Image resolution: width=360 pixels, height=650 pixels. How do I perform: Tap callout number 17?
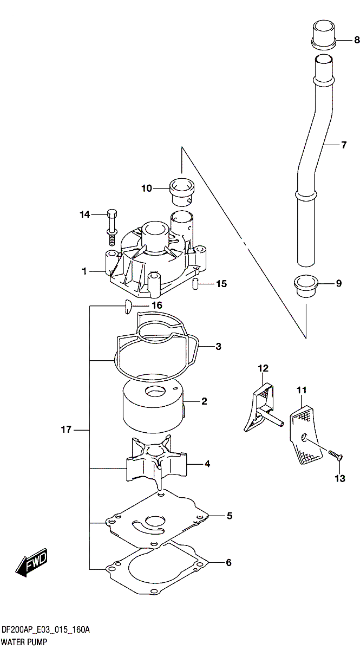pos(66,430)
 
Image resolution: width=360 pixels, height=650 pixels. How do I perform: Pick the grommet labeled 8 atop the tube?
pos(324,35)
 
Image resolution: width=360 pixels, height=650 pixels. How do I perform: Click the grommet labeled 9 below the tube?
pos(306,287)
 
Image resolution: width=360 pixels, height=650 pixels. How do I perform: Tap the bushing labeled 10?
pos(182,192)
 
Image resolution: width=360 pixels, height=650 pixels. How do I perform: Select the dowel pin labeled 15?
pos(195,283)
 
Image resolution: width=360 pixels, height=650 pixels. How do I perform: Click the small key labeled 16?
pos(128,307)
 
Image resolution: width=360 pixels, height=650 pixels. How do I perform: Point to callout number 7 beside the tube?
pos(343,145)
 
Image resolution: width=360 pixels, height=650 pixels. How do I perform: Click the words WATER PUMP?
pos(24,642)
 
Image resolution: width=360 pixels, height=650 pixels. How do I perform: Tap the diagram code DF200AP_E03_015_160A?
pos(45,630)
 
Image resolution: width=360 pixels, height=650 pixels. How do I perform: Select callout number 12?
pos(263,368)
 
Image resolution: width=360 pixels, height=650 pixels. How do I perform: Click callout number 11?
pos(302,390)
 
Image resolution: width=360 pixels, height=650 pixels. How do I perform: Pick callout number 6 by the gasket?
pos(228,563)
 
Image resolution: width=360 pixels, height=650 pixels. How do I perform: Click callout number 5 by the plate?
pos(230,516)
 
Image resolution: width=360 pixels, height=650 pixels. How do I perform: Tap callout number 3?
pos(218,347)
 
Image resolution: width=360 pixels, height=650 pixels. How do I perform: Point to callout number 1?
pos(84,271)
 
